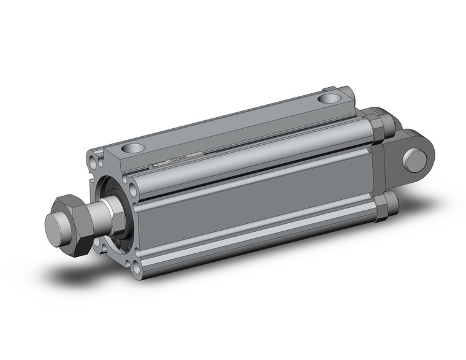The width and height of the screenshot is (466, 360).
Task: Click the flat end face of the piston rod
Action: click(x=57, y=228)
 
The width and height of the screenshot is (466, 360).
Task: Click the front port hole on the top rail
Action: click(x=132, y=148)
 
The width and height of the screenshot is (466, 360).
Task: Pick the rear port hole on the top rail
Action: click(x=329, y=98)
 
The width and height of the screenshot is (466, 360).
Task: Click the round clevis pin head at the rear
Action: click(x=415, y=159)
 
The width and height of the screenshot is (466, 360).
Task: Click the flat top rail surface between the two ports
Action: click(x=233, y=123)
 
